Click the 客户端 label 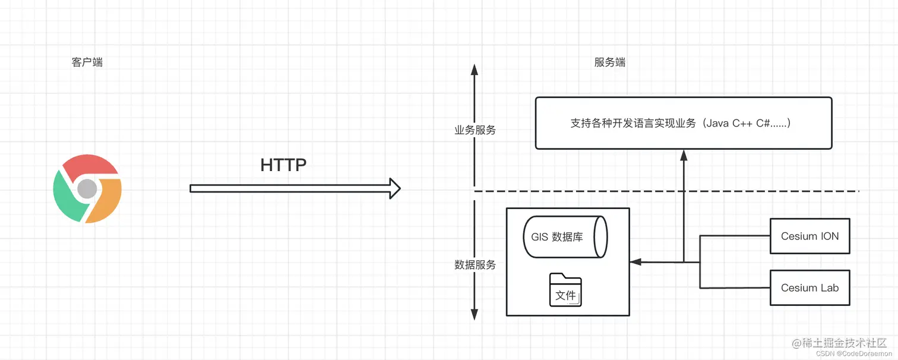pyautogui.click(x=87, y=62)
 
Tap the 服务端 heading pyautogui.click(x=609, y=62)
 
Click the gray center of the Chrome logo pyautogui.click(x=87, y=188)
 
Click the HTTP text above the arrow pyautogui.click(x=283, y=165)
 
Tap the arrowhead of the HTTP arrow pyautogui.click(x=394, y=188)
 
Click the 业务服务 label pyautogui.click(x=475, y=130)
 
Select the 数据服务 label pyautogui.click(x=475, y=265)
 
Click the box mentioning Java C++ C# pyautogui.click(x=684, y=123)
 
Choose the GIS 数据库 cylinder pyautogui.click(x=565, y=236)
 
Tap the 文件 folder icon pyautogui.click(x=565, y=290)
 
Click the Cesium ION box pyautogui.click(x=810, y=236)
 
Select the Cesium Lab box pyautogui.click(x=810, y=288)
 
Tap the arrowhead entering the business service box pyautogui.click(x=684, y=154)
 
